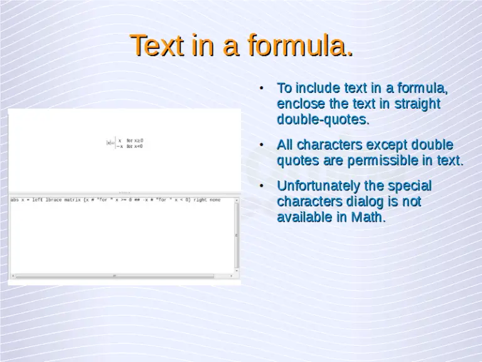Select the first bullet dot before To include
pyautogui.click(x=262, y=87)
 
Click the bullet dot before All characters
pyautogui.click(x=262, y=145)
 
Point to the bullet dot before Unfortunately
pyautogui.click(x=262, y=186)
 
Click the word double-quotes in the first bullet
pyautogui.click(x=323, y=119)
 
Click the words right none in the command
pyautogui.click(x=206, y=200)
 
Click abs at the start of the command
pyautogui.click(x=14, y=200)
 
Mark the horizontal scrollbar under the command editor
pyautogui.click(x=122, y=276)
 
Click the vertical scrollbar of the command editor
pyautogui.click(x=237, y=236)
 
